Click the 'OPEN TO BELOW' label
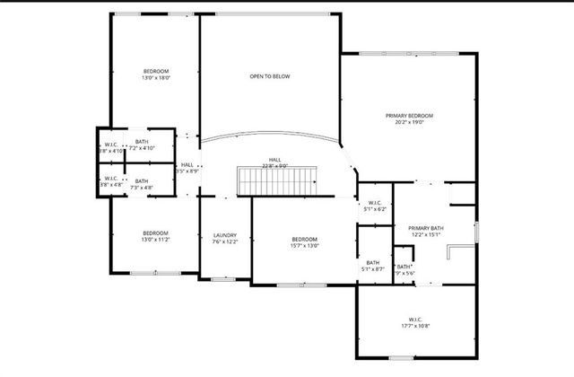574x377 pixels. tap(269, 76)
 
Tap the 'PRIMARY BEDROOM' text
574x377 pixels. tap(409, 116)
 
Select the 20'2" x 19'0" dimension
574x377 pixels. tap(409, 123)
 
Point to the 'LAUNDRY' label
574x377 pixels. tap(224, 235)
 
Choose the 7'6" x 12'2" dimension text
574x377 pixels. tap(224, 242)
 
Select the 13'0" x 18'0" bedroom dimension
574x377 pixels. tap(155, 78)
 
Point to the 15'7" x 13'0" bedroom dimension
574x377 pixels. tap(305, 245)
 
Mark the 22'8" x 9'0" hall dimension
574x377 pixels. tap(274, 166)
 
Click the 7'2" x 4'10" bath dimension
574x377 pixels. tap(142, 148)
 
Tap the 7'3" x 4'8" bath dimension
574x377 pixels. tap(142, 188)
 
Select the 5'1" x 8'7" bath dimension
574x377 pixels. tap(372, 269)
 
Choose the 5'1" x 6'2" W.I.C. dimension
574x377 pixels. tap(375, 209)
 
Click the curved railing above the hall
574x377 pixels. tap(269, 137)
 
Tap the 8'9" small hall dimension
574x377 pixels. tap(187, 171)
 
